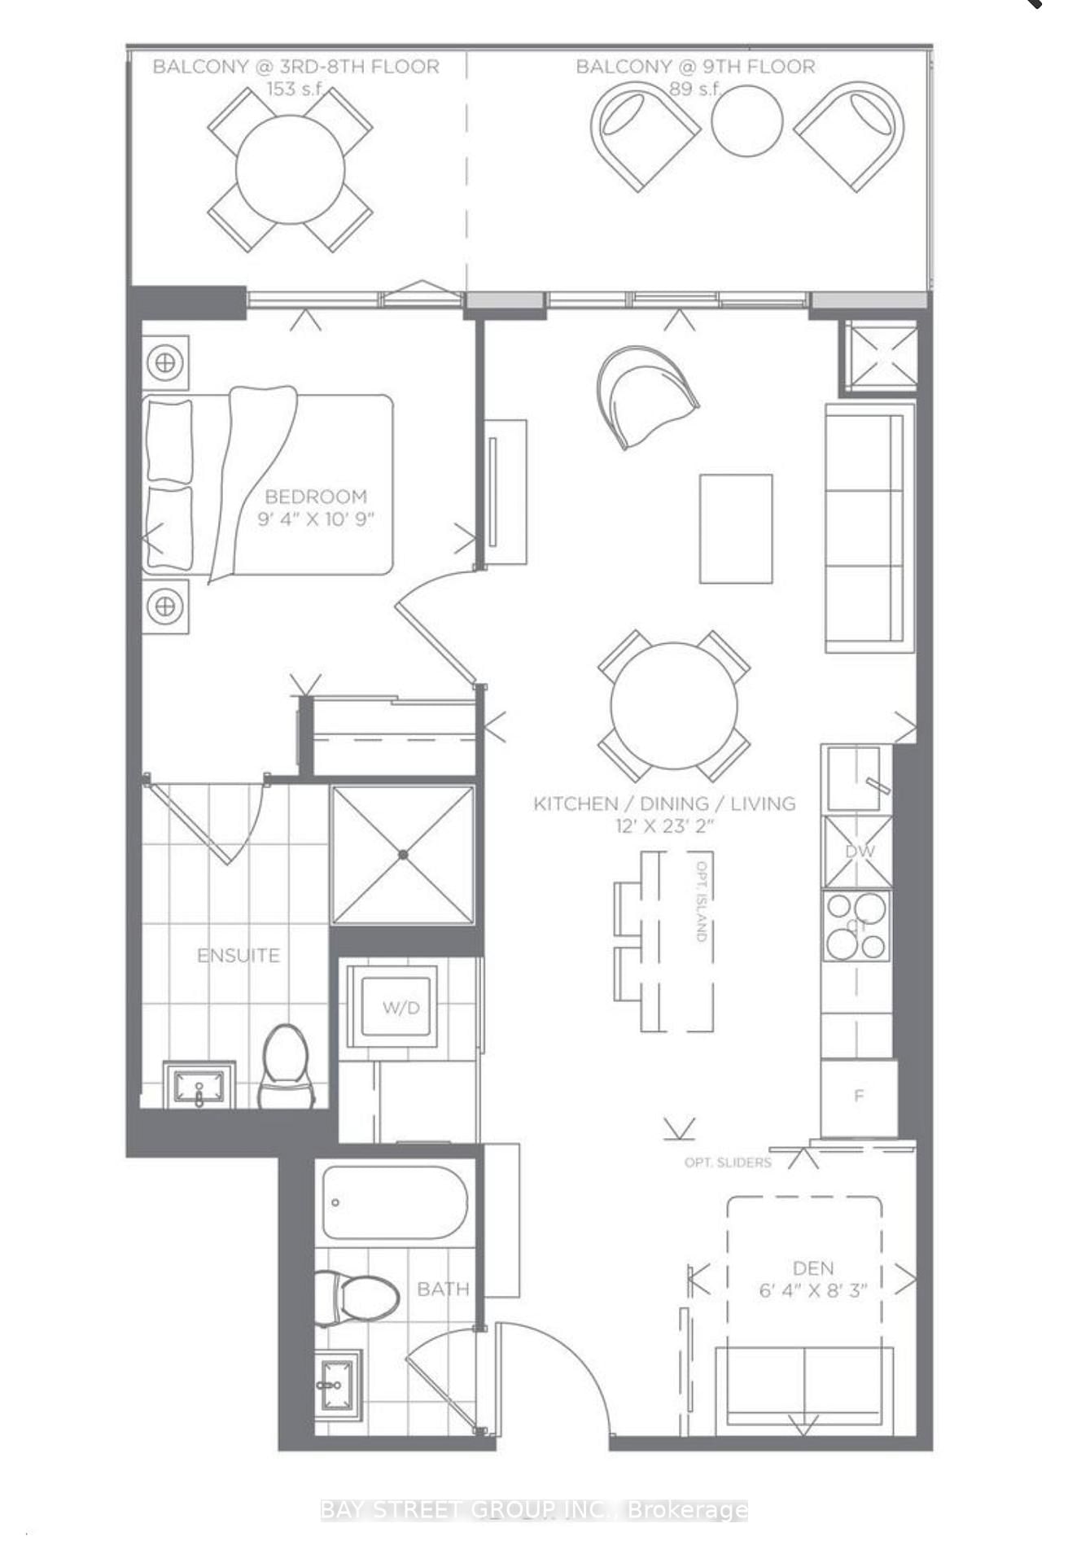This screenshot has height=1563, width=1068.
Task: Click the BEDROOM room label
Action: coord(316,497)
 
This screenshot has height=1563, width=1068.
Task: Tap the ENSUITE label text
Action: coord(239,955)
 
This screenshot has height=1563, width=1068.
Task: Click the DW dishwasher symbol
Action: coord(858,852)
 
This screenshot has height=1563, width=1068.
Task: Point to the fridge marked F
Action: coord(858,1096)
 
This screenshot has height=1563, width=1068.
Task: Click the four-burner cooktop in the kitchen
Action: coord(856,926)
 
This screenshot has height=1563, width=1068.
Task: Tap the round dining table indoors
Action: coord(674,705)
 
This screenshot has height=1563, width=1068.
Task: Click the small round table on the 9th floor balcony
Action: coord(746,120)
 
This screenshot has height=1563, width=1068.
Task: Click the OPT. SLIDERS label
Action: coord(727,1162)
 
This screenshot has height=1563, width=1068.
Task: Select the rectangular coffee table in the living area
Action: coord(736,528)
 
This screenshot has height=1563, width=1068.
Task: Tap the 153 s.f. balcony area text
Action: coord(295,89)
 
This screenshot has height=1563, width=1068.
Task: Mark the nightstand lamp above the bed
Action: coord(165,361)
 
